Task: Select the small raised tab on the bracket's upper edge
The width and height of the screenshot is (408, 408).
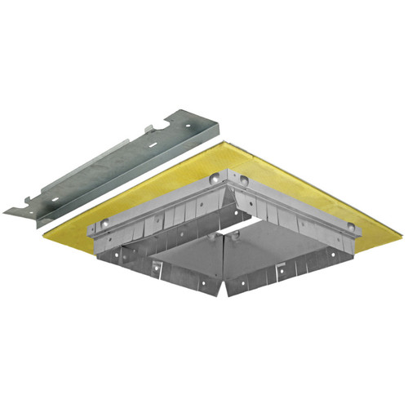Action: tap(149, 128)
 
